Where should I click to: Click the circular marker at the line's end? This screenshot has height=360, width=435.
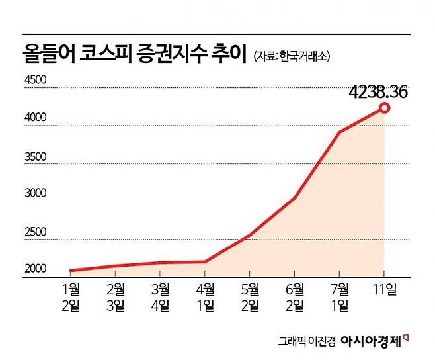tap(384, 109)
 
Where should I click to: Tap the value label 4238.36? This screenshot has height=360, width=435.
tap(377, 91)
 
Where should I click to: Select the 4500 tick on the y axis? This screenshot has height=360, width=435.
tap(34, 81)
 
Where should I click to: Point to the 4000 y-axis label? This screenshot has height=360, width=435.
tap(34, 118)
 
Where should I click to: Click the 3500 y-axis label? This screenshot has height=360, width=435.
tap(34, 157)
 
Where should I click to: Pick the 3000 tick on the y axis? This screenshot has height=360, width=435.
tap(34, 195)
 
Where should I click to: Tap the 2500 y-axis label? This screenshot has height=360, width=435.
tap(34, 232)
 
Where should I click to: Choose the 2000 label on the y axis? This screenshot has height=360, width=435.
tap(34, 269)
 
